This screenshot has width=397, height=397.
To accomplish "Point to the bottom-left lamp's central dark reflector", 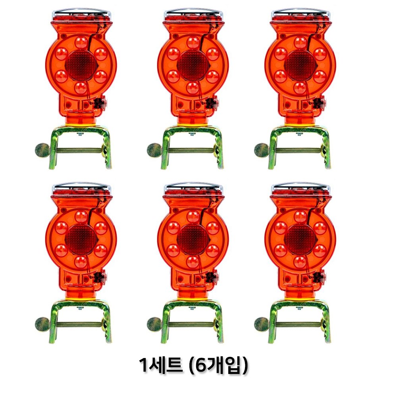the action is click(x=81, y=239).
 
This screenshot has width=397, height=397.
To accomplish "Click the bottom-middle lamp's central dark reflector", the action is click(x=193, y=239).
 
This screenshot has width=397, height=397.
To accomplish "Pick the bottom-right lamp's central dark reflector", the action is click(x=300, y=239).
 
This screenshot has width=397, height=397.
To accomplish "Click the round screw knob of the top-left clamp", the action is click(x=42, y=150).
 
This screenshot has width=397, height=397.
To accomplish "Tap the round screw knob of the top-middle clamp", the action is click(x=154, y=150).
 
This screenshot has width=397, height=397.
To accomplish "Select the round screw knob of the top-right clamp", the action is click(x=261, y=150).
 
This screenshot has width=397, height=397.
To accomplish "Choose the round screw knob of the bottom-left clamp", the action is click(x=42, y=324).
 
